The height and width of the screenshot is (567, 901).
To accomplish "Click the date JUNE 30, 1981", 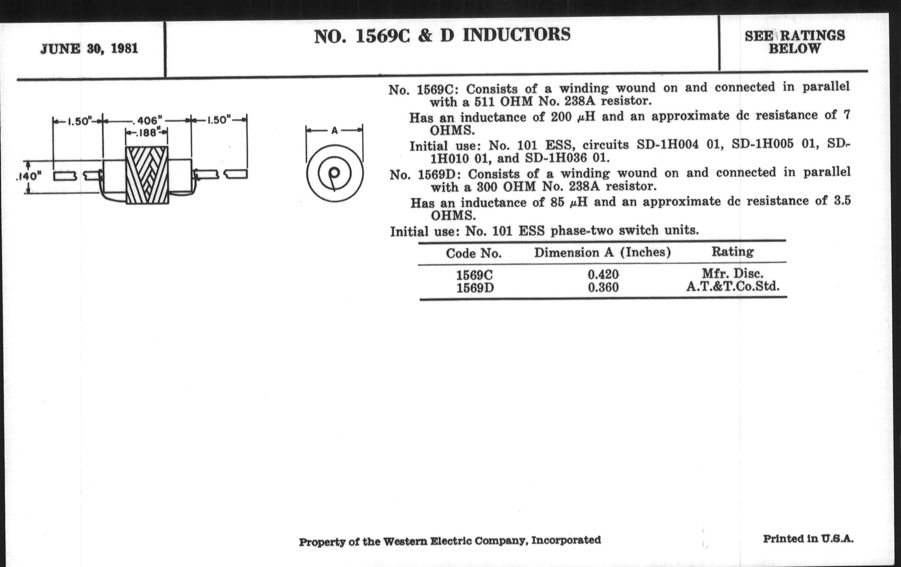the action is (x=89, y=49).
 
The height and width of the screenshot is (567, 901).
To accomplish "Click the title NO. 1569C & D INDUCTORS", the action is (x=442, y=36).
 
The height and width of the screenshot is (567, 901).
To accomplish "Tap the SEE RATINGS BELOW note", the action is (x=794, y=42).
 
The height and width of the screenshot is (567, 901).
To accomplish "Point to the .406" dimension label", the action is (x=148, y=120).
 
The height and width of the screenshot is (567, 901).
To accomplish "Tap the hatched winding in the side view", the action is (x=147, y=175).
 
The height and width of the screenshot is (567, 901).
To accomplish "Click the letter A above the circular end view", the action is (x=335, y=130).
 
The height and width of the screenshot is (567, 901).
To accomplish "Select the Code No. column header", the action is (x=473, y=253).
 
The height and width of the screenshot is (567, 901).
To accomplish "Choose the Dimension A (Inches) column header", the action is (x=602, y=253).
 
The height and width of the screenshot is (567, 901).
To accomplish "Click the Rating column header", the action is (x=733, y=252).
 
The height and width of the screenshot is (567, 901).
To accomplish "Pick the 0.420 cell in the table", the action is (x=603, y=274).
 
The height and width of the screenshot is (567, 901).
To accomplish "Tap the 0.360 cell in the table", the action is (x=603, y=288).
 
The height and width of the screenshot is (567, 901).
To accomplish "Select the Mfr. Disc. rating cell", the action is (x=733, y=273).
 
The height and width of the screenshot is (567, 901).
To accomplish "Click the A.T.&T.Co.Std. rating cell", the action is (x=733, y=286).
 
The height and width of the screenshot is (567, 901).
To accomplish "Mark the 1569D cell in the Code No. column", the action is (x=475, y=288).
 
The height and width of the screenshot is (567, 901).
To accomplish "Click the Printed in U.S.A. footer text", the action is (x=808, y=539).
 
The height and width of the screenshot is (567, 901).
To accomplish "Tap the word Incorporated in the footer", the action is (x=566, y=540).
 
